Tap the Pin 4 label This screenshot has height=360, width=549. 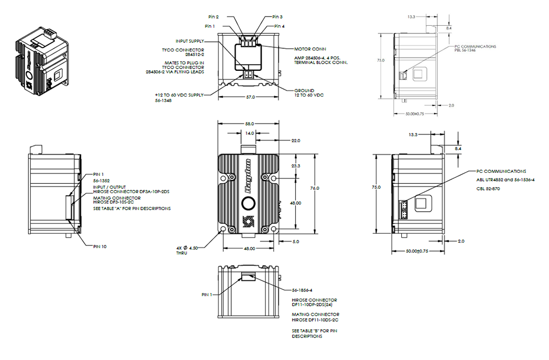click(279, 26)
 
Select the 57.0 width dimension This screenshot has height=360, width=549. click(250, 97)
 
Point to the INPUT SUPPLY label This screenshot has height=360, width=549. click(190, 41)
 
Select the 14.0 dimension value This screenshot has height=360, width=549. click(249, 133)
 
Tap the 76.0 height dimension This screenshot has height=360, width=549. click(314, 188)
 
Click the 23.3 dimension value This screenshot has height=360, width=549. click(296, 165)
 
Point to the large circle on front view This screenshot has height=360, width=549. click(249, 204)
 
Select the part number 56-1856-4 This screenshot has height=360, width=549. click(302, 290)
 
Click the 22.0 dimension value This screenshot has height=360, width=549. click(296, 141)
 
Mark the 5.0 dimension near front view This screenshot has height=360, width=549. click(295, 241)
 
